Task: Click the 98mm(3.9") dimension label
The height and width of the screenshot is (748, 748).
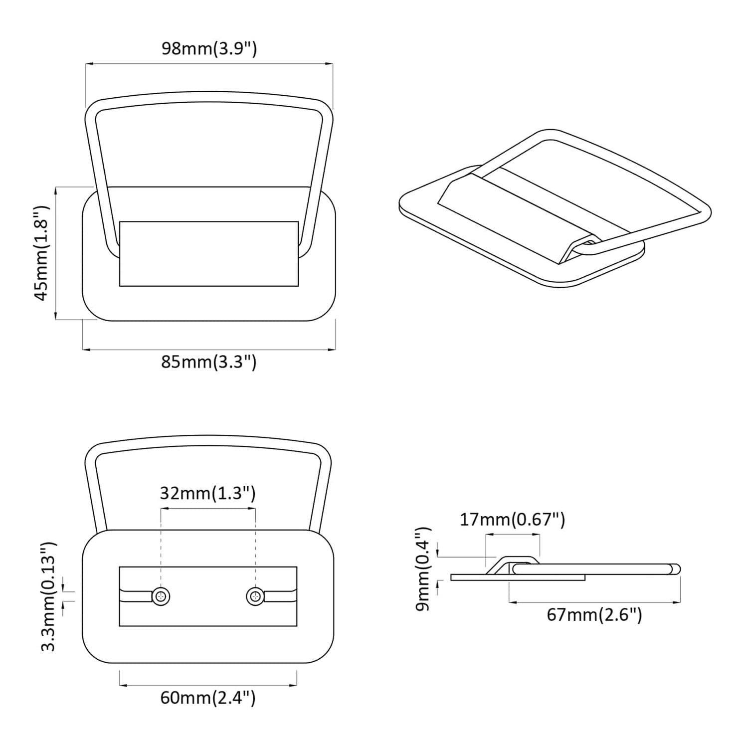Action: click(209, 49)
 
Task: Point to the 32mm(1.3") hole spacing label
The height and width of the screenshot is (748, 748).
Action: click(207, 493)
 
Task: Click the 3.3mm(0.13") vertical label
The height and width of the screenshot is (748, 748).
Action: click(49, 597)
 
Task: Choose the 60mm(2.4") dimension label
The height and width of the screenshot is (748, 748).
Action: click(208, 698)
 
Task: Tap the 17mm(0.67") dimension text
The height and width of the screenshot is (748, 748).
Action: click(512, 520)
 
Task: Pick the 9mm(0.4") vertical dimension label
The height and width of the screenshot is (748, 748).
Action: click(423, 569)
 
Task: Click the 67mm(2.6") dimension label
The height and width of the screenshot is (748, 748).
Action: click(594, 615)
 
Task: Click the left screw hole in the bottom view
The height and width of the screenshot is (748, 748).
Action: click(161, 596)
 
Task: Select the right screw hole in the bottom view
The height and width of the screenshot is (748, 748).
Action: click(255, 596)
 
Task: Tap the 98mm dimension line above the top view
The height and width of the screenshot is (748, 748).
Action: click(209, 64)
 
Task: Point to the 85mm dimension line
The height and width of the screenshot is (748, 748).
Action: click(208, 350)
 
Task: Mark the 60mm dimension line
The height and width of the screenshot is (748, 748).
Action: click(208, 685)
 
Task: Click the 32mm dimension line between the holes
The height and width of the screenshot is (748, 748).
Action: click(208, 509)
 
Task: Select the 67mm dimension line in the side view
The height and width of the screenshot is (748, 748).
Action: click(594, 602)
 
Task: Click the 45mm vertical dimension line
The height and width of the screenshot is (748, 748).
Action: click(56, 253)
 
